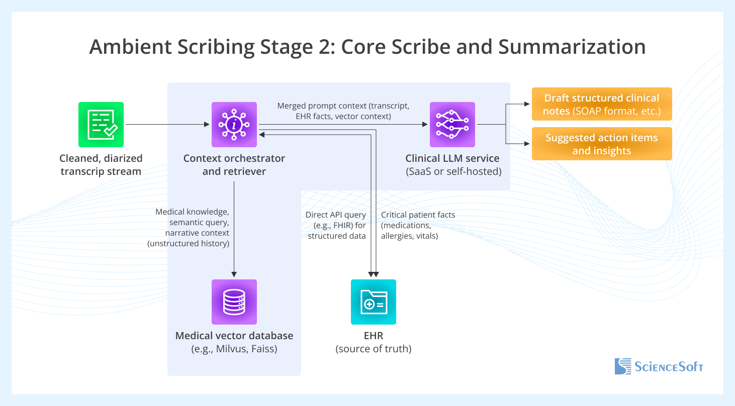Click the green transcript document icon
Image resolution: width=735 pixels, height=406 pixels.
[101, 125]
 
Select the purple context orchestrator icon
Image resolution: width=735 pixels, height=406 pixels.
[234, 125]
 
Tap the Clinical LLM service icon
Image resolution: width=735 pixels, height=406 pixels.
[452, 125]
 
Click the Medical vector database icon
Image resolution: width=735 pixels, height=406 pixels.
[234, 301]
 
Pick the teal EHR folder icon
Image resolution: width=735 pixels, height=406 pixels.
[373, 301]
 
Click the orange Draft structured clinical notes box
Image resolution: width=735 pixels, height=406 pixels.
[601, 105]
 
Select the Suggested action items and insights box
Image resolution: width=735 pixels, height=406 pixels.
[601, 144]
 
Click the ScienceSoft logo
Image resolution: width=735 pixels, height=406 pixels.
[659, 366]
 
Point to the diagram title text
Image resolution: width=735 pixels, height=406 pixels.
[367, 47]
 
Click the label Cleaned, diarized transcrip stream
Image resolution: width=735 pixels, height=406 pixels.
[101, 165]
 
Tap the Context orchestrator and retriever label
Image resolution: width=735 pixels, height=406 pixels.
[234, 165]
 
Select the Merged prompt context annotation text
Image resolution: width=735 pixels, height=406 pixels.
[343, 112]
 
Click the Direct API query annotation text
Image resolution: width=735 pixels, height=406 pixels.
[336, 225]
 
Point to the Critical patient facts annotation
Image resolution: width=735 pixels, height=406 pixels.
[418, 225]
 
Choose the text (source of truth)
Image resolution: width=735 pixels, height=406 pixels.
[373, 349]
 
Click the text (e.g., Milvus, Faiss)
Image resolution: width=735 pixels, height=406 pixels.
[234, 349]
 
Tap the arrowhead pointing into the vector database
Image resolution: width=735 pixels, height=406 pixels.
[234, 274]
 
